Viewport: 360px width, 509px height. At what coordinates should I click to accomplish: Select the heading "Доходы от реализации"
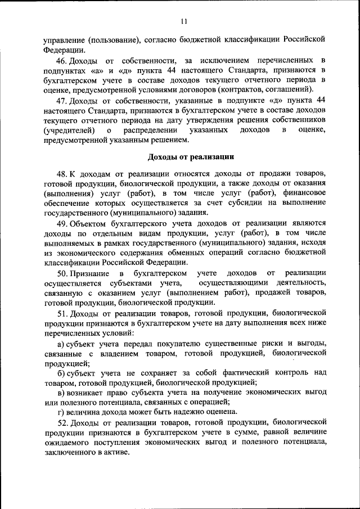point(187,156)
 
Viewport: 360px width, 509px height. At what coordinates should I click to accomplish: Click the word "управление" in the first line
point(64,40)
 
